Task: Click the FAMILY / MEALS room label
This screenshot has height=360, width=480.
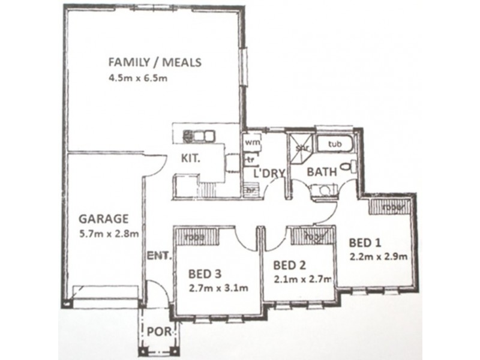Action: click(154, 62)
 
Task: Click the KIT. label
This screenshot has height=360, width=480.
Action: click(194, 160)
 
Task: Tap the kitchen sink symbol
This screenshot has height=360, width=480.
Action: click(199, 135)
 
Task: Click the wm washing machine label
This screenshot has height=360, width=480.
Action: click(251, 143)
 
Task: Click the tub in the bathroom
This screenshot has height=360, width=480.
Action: click(335, 145)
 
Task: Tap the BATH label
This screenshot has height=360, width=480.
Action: click(321, 172)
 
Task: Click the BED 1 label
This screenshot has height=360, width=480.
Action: click(365, 244)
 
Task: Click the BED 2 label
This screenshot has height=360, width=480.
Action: click(289, 265)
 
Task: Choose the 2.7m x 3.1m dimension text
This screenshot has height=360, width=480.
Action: click(218, 287)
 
